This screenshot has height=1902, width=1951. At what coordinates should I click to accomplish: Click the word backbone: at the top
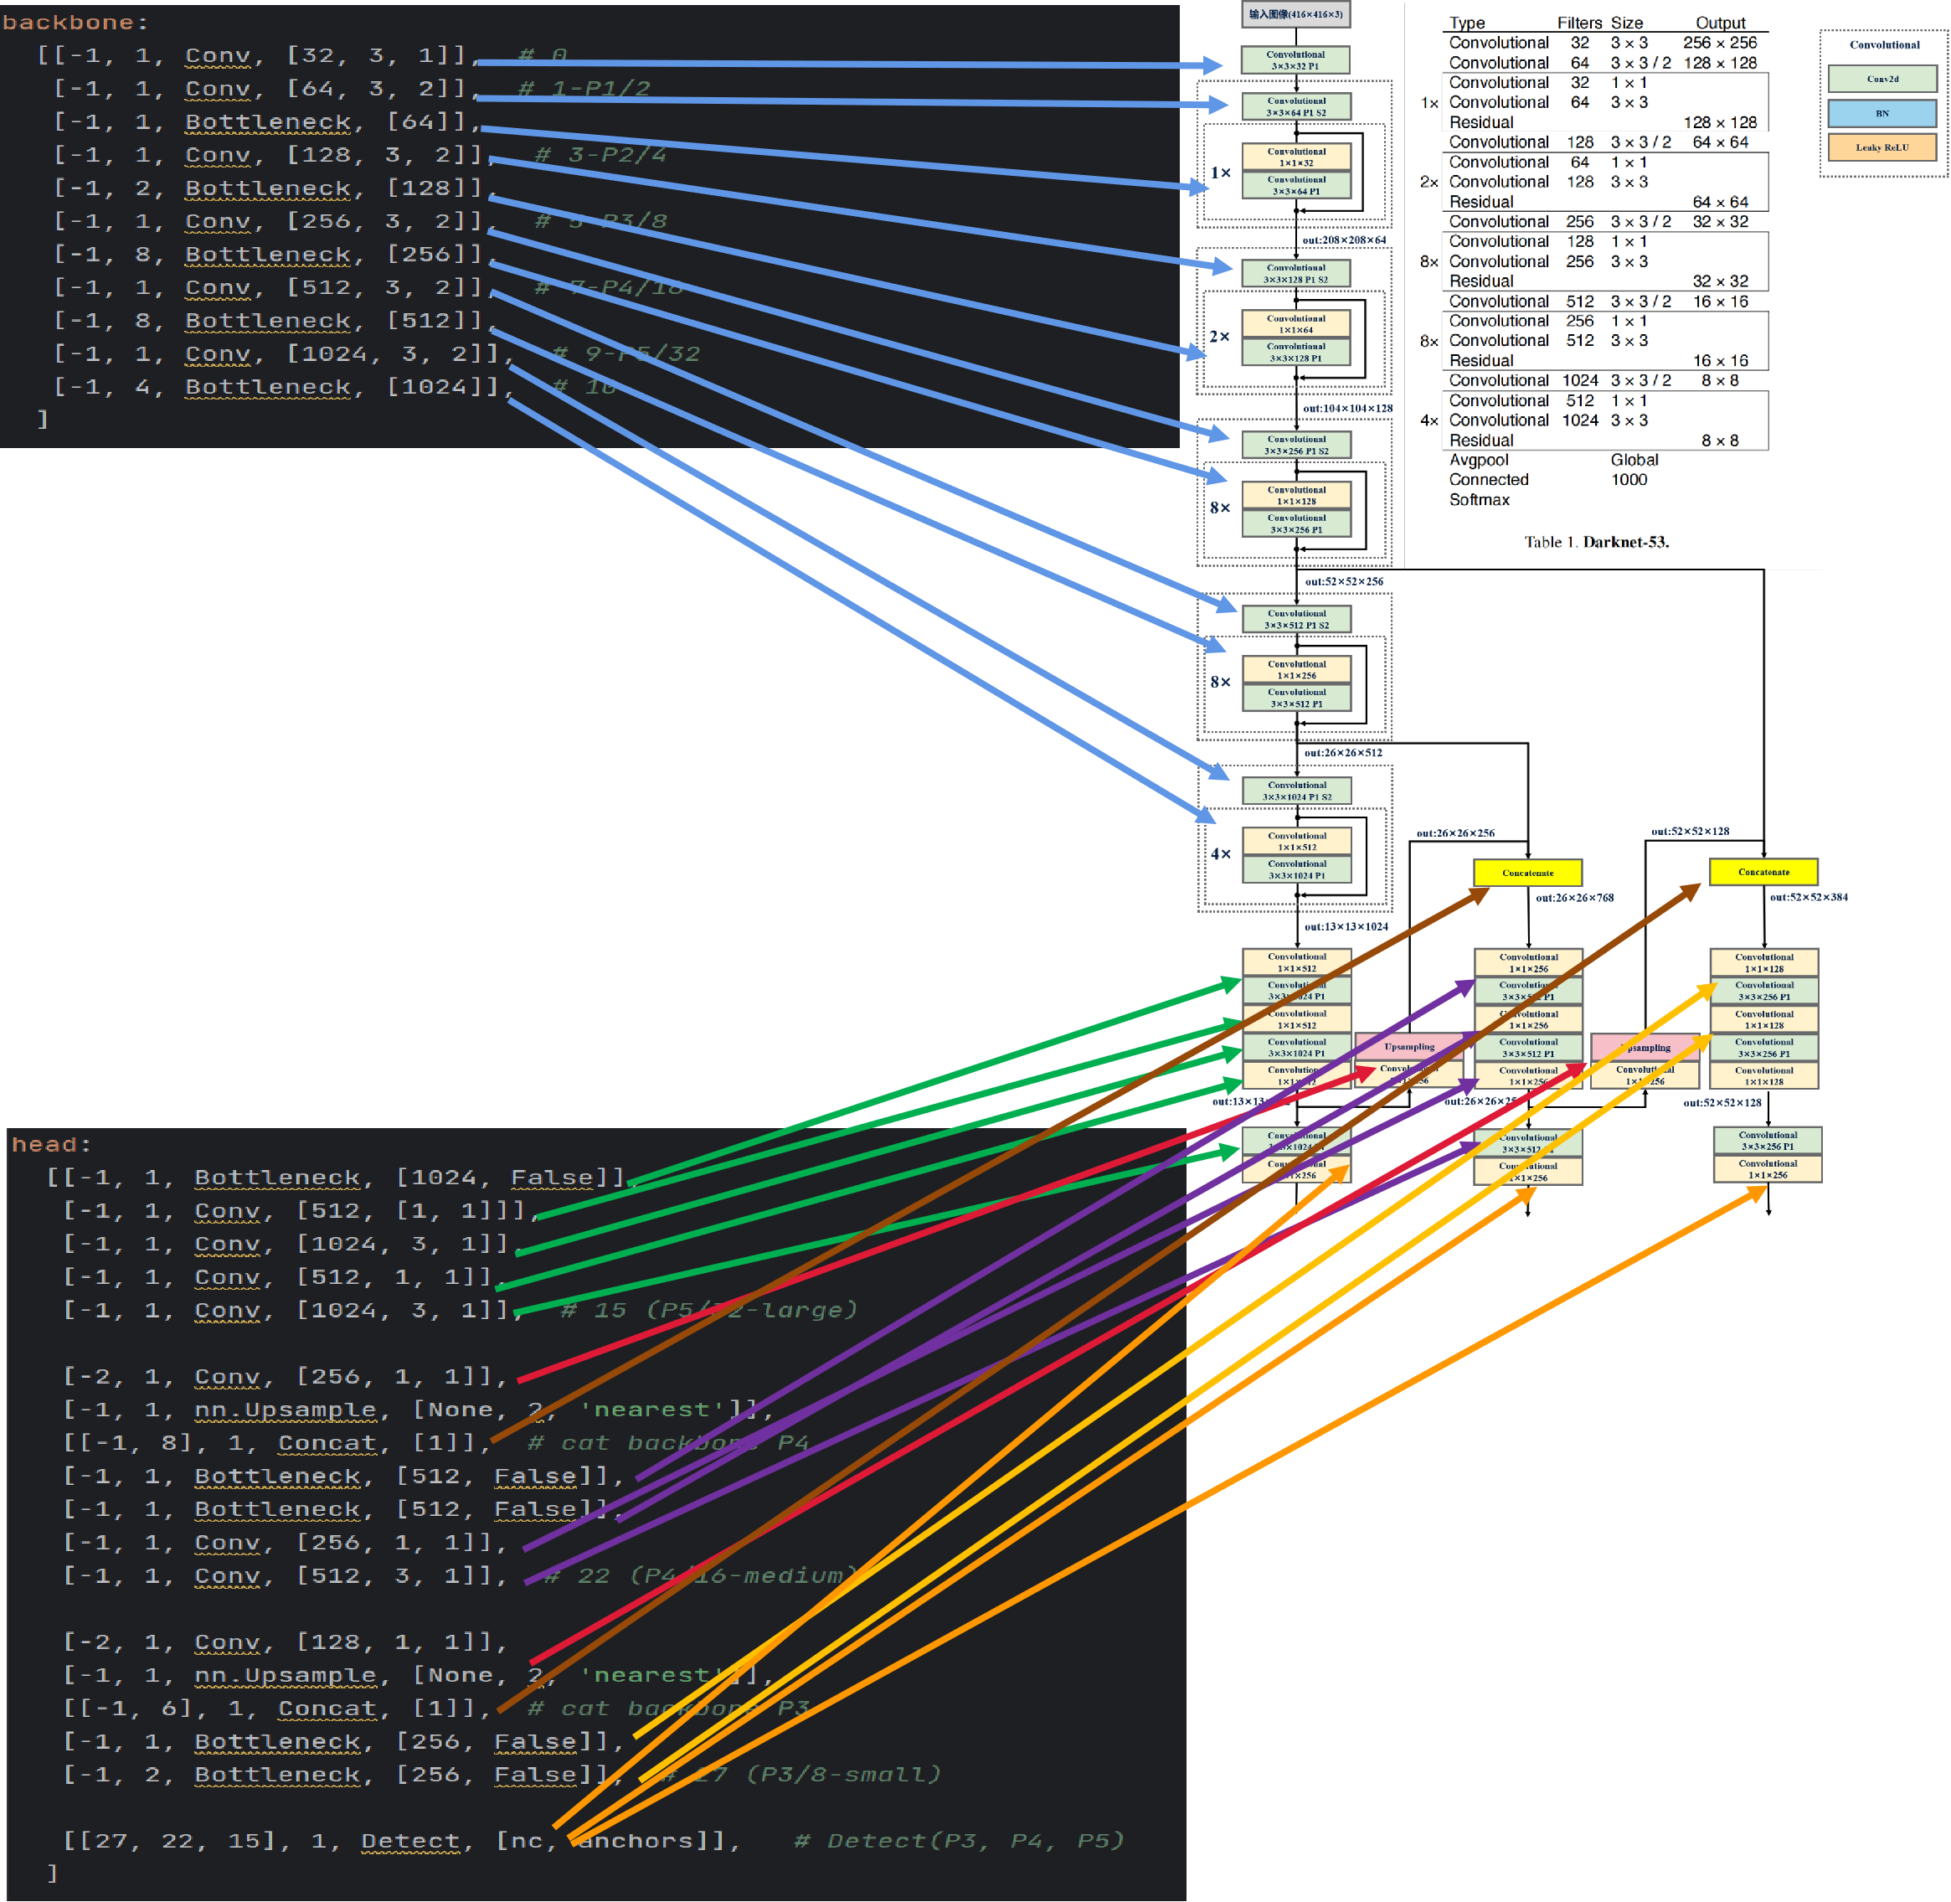(74, 22)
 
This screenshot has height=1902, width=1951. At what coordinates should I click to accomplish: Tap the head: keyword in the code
(51, 1145)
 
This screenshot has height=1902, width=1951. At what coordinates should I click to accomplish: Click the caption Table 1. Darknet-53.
(1595, 543)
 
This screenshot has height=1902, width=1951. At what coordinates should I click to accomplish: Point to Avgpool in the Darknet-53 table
(1479, 461)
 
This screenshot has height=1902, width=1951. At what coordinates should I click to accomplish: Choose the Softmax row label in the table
(1479, 499)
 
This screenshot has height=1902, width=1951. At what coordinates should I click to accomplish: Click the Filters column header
(1578, 23)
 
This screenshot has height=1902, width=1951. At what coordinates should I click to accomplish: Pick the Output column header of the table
(1719, 23)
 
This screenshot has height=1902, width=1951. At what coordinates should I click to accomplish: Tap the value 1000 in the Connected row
(1629, 480)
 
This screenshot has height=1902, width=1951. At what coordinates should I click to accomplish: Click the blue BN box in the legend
(1882, 114)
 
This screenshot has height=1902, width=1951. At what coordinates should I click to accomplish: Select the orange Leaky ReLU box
(1882, 148)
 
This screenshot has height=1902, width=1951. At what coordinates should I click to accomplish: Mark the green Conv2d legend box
(1882, 79)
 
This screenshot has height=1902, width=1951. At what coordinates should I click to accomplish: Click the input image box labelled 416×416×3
(1295, 14)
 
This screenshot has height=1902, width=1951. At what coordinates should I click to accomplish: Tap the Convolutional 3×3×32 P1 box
(1295, 60)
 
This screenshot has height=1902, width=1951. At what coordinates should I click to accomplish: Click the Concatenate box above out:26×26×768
(1527, 873)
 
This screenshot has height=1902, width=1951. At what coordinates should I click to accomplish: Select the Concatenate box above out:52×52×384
(1763, 872)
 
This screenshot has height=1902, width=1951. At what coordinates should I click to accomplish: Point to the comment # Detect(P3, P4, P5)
(958, 1840)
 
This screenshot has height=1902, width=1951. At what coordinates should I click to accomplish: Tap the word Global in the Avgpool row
(1634, 461)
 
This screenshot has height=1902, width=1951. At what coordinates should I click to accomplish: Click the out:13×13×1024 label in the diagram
(1346, 927)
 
